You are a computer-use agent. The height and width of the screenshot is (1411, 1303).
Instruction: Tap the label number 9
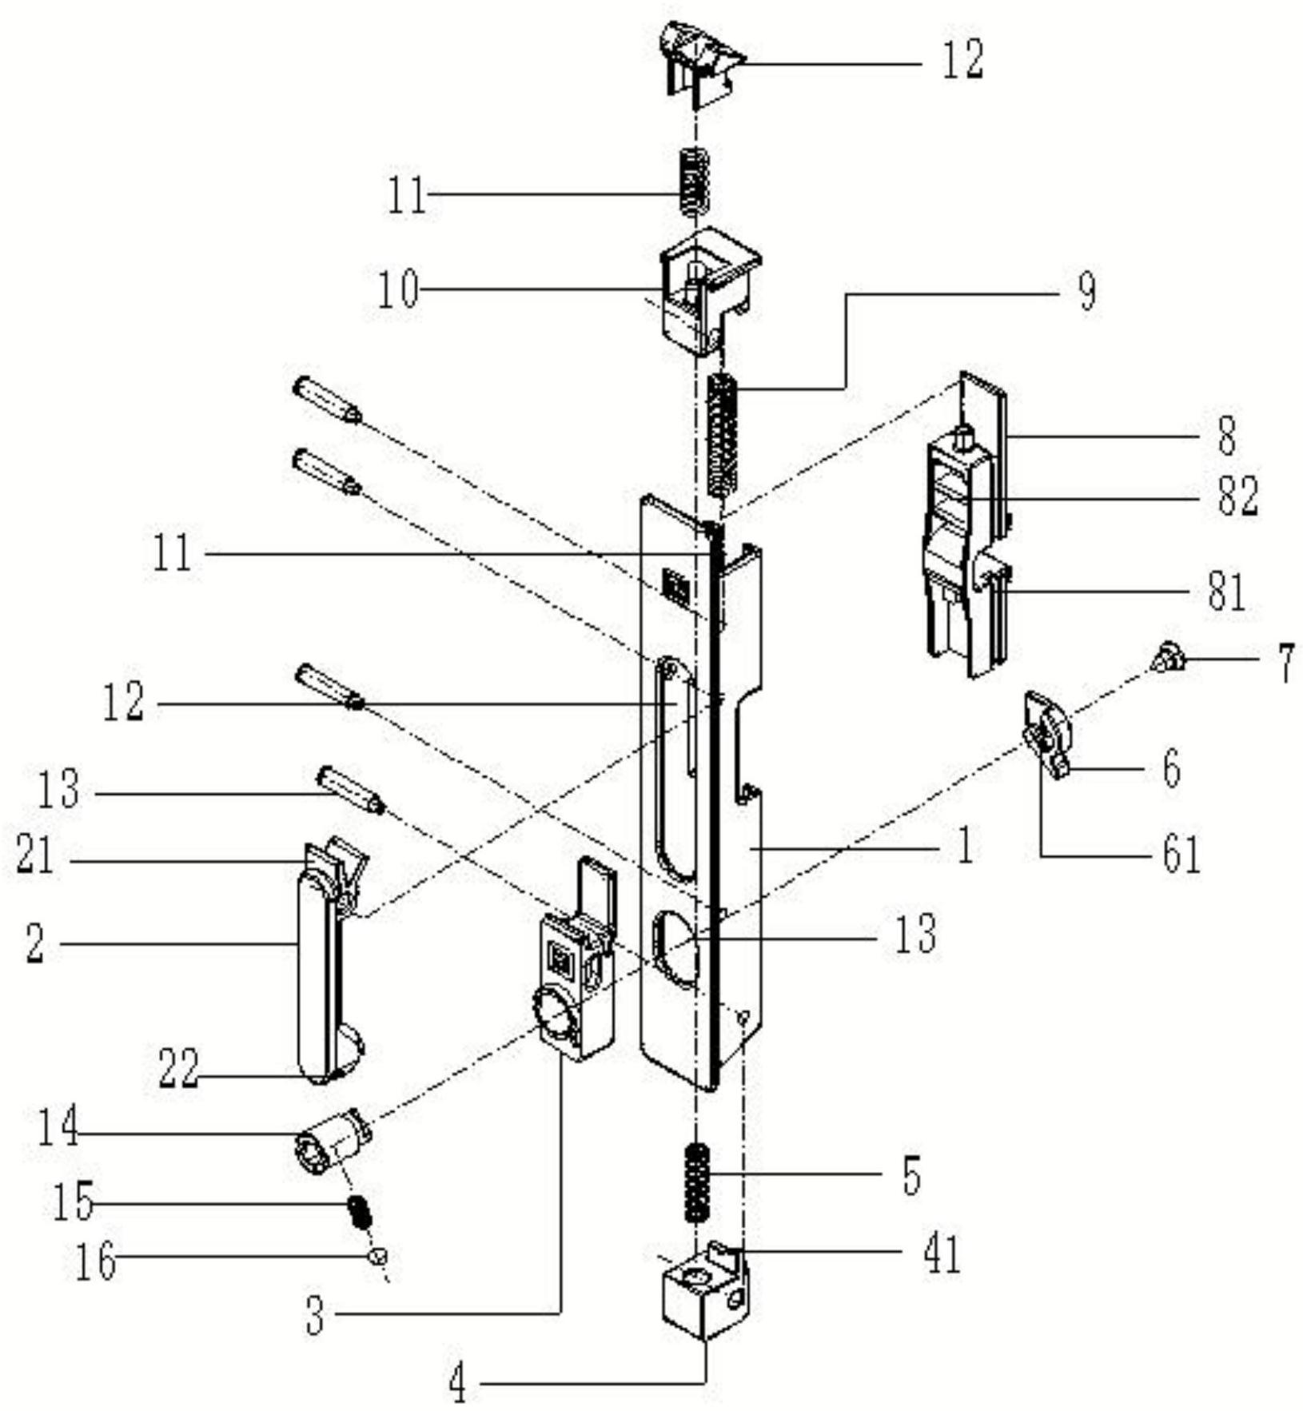coord(1086,293)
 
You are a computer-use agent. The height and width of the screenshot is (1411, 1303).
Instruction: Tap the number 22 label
coord(178,1069)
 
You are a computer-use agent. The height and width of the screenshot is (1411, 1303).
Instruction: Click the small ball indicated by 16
coord(377,1257)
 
